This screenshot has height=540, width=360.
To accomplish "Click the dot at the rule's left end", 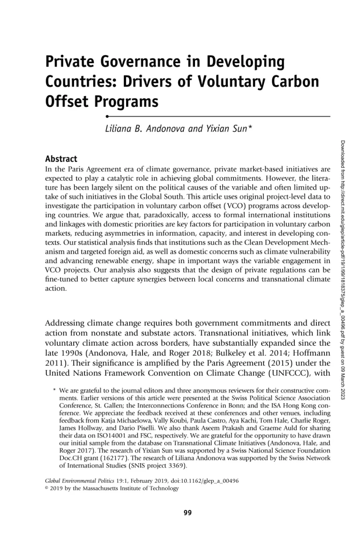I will tap(107, 115).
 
